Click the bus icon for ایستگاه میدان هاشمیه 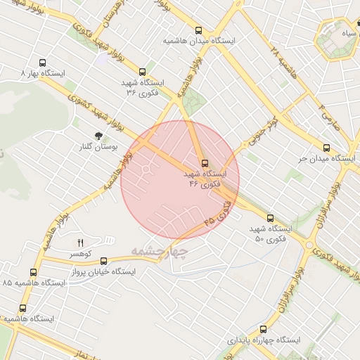(x=198, y=30)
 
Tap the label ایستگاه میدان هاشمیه (x=198, y=41)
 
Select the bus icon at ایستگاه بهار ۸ (x=43, y=62)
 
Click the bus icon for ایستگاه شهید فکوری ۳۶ (x=143, y=72)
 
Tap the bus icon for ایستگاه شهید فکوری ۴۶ (x=205, y=163)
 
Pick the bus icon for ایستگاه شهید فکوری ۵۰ (x=270, y=219)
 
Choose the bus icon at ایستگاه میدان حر (x=326, y=148)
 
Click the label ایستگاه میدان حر (x=325, y=158)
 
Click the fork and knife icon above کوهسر (x=79, y=242)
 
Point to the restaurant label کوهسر (x=79, y=252)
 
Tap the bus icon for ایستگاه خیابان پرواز (x=104, y=261)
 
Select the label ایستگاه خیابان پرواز (x=104, y=271)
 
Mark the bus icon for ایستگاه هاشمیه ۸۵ (x=33, y=272)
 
